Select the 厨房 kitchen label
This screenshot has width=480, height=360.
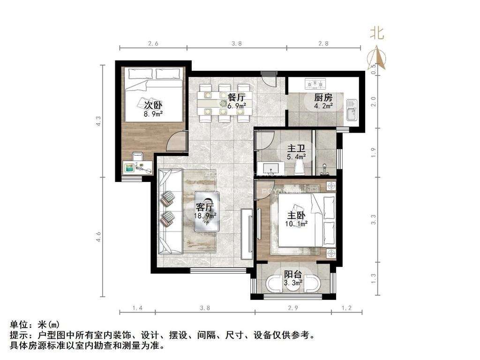[323, 97]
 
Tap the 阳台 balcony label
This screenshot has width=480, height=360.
[293, 275]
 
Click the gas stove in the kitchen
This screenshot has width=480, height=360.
[315, 84]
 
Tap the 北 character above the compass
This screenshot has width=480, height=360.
[377, 33]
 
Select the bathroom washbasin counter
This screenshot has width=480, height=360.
[272, 168]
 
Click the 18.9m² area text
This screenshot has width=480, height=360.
[205, 216]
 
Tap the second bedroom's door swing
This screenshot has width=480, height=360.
[176, 142]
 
